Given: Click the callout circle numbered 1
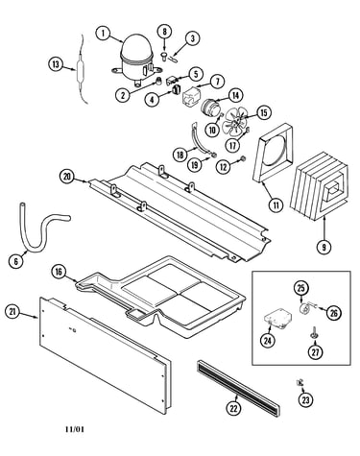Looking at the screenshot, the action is click(x=104, y=34).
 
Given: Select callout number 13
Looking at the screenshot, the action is click(x=57, y=64).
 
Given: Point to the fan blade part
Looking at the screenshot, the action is click(x=236, y=122).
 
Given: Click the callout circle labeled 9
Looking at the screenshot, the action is click(x=324, y=247).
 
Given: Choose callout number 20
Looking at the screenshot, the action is click(x=67, y=178).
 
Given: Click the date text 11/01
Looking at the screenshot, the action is click(x=75, y=429).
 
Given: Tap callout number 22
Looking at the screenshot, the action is click(x=234, y=408).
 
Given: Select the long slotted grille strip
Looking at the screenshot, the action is click(x=238, y=388).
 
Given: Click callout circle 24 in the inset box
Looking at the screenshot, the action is click(x=268, y=341).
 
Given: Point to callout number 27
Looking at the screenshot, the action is click(x=316, y=352).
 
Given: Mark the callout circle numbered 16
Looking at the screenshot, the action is click(x=59, y=272).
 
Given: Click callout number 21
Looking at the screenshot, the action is click(x=13, y=312).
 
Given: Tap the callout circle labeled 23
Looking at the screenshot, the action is click(x=306, y=399).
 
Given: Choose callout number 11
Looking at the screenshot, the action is click(x=276, y=204).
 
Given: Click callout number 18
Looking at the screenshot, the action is click(x=180, y=156).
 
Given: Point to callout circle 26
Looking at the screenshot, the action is click(x=334, y=313).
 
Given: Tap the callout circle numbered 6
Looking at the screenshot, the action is click(x=15, y=261).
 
